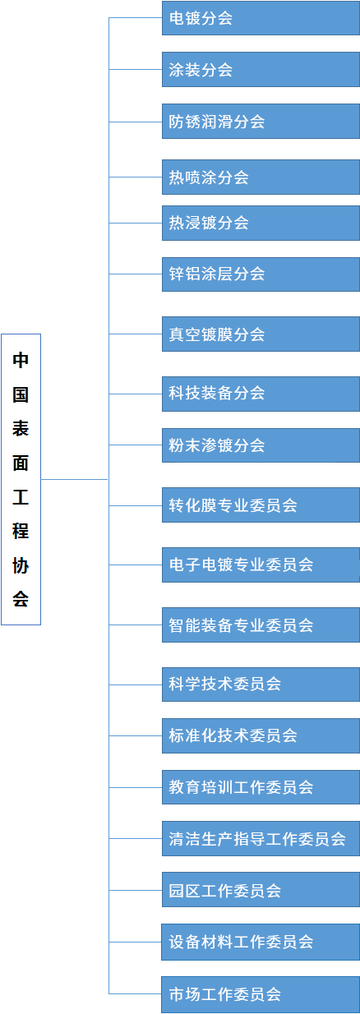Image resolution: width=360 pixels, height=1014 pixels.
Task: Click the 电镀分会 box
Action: [x=261, y=17]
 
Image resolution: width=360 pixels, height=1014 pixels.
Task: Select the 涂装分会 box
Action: [x=261, y=69]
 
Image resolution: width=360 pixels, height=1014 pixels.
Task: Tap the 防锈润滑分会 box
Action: [x=261, y=122]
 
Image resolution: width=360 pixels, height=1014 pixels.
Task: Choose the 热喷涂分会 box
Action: [x=261, y=177]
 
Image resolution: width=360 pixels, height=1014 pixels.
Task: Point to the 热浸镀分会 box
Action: [x=261, y=224]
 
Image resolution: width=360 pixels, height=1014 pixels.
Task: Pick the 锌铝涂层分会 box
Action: [x=261, y=274]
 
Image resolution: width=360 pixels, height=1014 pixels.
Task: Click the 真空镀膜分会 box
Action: [x=261, y=334]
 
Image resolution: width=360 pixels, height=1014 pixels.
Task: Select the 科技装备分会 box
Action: [x=261, y=394]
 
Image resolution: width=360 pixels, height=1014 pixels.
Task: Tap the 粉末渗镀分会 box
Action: [x=261, y=445]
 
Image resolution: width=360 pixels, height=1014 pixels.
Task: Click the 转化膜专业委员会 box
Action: [x=261, y=505]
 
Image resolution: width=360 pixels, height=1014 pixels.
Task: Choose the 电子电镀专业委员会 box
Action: [x=261, y=565]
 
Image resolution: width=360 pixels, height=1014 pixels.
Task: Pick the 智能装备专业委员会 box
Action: [x=261, y=625]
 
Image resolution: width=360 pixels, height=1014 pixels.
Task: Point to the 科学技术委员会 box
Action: [x=261, y=684]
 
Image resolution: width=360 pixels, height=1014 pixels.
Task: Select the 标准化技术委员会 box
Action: [x=261, y=736]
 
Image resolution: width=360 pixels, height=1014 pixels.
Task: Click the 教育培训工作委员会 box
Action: [x=261, y=787]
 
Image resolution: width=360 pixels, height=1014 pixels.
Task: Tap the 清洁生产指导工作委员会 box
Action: [x=261, y=839]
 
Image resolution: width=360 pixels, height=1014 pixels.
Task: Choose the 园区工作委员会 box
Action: [x=261, y=890]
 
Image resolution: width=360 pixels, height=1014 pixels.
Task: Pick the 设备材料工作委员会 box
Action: [x=261, y=942]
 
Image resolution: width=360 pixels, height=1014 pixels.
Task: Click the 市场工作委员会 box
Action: [x=261, y=994]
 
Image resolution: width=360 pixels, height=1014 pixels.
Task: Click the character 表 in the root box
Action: [x=21, y=428]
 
